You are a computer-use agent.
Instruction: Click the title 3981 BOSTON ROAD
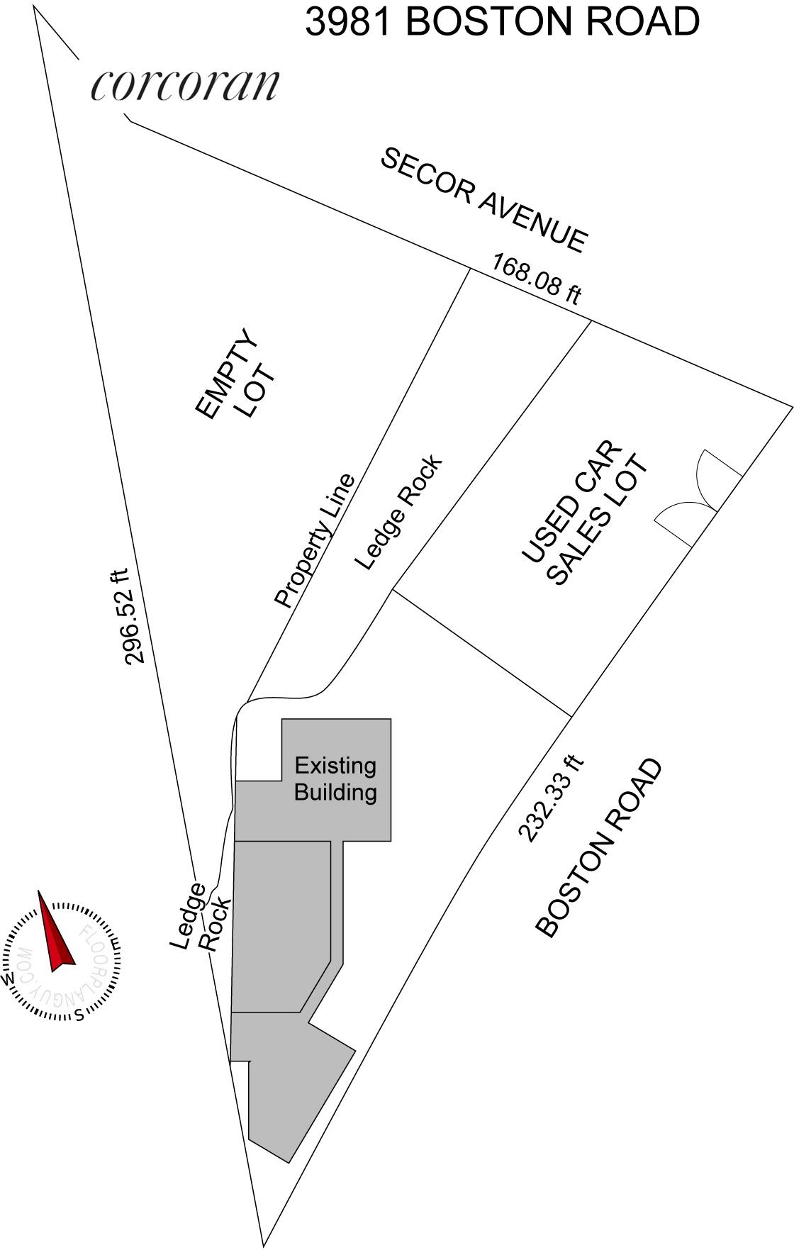502,21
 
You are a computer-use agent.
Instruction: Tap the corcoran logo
185,85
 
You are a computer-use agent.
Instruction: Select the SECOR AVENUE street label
484,200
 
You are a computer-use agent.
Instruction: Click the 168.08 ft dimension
537,279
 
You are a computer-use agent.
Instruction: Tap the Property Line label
314,540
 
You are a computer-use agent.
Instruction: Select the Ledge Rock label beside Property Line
398,512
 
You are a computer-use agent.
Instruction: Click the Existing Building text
335,779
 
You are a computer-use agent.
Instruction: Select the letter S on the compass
80,1015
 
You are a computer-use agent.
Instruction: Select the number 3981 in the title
348,21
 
